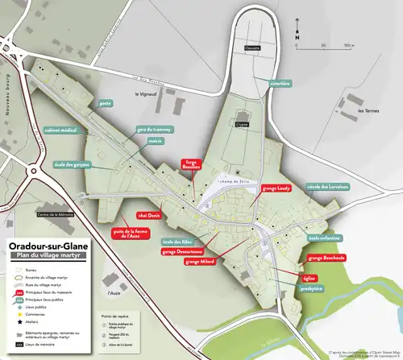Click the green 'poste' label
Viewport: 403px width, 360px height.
pyautogui.click(x=104, y=103)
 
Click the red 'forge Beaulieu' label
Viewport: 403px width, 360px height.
pyautogui.click(x=192, y=163)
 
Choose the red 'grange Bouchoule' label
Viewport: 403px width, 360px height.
pyautogui.click(x=326, y=259)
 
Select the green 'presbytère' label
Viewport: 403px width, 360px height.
pyautogui.click(x=310, y=288)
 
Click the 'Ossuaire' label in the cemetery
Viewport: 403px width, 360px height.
pyautogui.click(x=253, y=48)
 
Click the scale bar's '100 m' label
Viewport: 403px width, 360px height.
pyautogui.click(x=347, y=46)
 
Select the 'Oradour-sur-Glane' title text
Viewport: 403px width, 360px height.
pyautogui.click(x=47, y=247)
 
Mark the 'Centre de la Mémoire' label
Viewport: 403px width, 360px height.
pyautogui.click(x=55, y=215)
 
